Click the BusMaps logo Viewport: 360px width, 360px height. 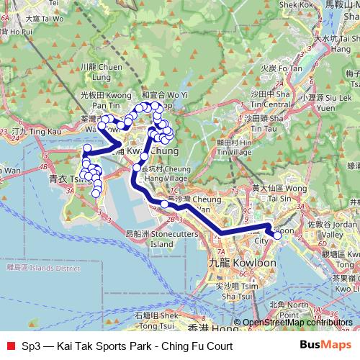click(x=326, y=346)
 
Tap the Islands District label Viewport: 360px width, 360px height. click(x=42, y=268)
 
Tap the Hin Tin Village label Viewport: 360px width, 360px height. click(x=235, y=148)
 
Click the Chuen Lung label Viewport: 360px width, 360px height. click(x=95, y=71)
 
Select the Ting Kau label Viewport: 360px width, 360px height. click(x=37, y=132)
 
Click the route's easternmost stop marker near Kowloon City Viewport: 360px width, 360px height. click(x=278, y=235)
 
